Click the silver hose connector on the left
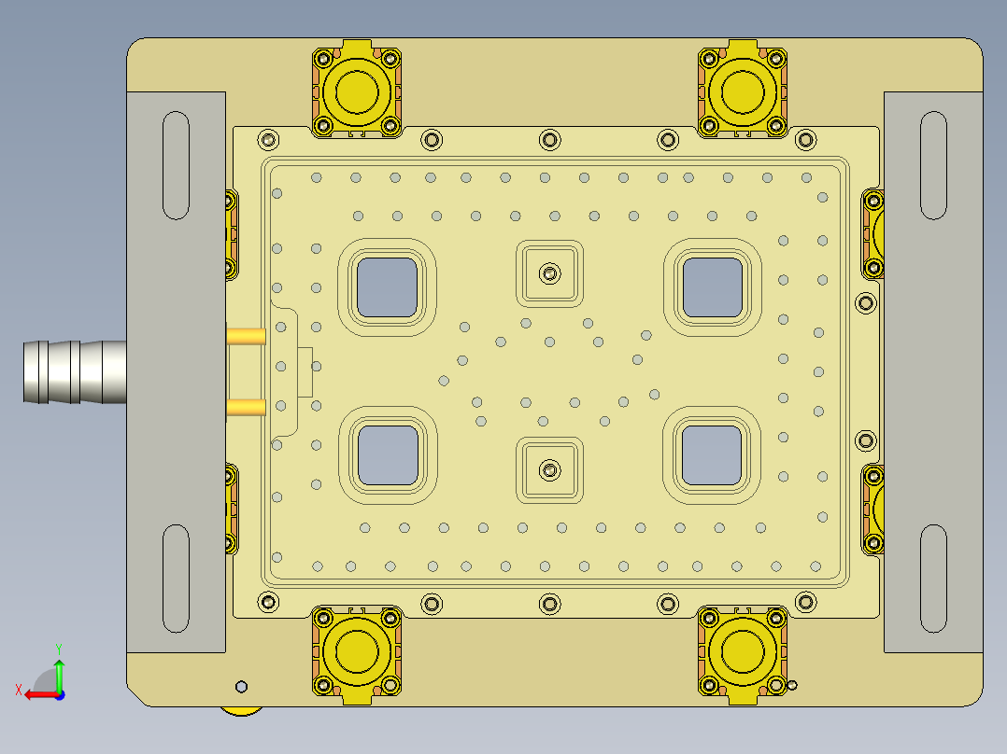click(x=75, y=372)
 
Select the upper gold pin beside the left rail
click(x=247, y=334)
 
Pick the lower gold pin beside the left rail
click(x=247, y=407)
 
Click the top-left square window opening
click(x=387, y=286)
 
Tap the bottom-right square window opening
click(x=712, y=455)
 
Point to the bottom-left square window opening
click(x=388, y=455)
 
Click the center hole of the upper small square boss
click(x=550, y=273)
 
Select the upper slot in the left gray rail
click(x=177, y=165)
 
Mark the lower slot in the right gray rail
click(x=933, y=578)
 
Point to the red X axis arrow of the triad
click(x=35, y=693)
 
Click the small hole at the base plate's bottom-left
click(x=242, y=687)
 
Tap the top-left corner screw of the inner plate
click(x=269, y=140)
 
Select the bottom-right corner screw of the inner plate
click(x=804, y=603)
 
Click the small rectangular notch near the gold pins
click(x=305, y=371)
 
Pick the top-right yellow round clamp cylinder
click(x=744, y=91)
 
